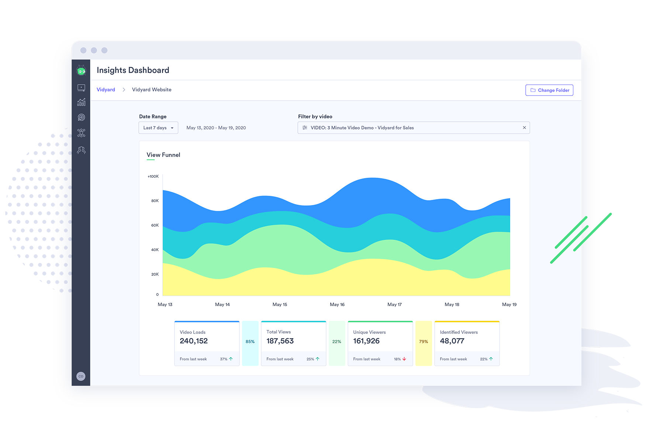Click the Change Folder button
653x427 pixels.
549,90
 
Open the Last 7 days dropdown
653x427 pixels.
158,128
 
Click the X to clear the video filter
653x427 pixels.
524,128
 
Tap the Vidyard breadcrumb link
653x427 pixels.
106,90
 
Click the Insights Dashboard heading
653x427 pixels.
133,70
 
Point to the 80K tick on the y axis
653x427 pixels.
155,201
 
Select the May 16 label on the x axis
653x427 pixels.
337,305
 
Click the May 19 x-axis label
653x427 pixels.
509,305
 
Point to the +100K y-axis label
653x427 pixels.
153,177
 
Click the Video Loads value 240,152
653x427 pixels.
194,341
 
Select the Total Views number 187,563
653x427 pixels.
280,341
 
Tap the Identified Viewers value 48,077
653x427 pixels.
452,341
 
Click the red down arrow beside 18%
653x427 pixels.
404,359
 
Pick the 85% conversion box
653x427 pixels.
250,342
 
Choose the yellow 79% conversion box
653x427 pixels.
424,342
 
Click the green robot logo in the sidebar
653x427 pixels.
81,70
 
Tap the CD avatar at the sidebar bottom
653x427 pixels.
81,376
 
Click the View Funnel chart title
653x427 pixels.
163,155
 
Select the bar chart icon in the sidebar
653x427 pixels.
81,102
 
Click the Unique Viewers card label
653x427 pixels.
369,332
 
